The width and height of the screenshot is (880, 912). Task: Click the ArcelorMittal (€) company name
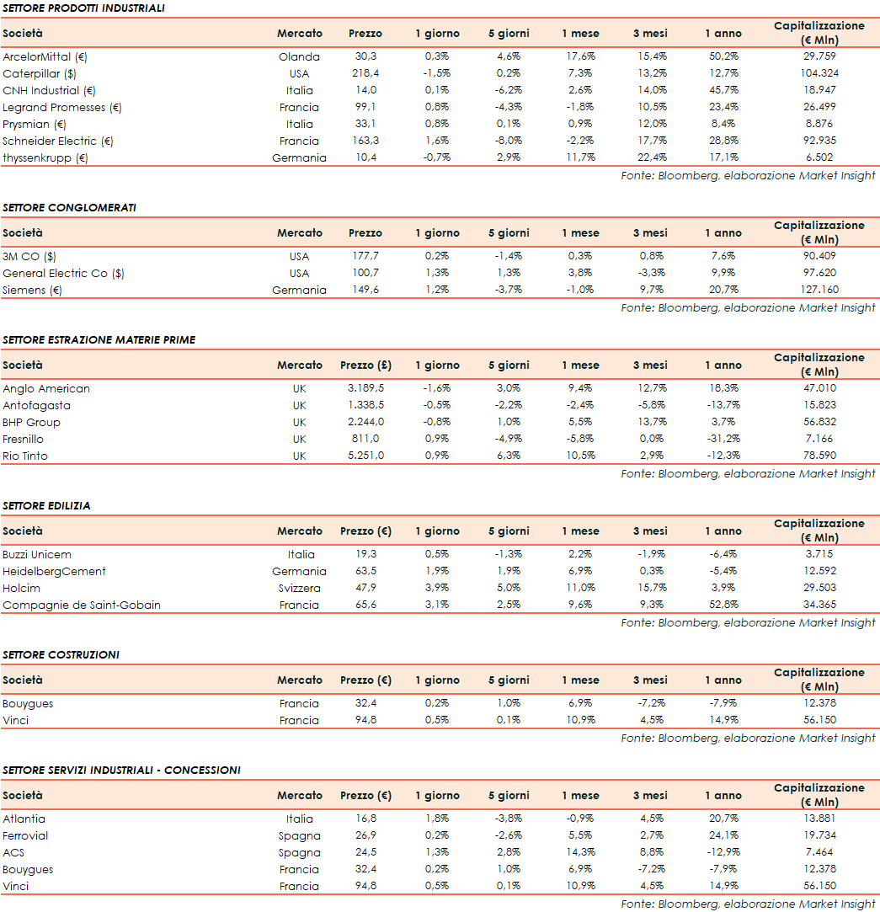[45, 57]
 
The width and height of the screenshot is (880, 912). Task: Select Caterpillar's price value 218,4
[365, 74]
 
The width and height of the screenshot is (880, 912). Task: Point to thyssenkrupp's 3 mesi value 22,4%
[650, 158]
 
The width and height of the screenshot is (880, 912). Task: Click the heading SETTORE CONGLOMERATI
[69, 208]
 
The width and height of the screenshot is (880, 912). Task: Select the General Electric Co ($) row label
[63, 274]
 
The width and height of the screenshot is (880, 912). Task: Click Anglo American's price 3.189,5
[365, 389]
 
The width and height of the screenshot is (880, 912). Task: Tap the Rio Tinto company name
[25, 456]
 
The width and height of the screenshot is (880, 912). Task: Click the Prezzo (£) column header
[365, 365]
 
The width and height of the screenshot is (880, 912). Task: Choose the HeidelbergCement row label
[54, 572]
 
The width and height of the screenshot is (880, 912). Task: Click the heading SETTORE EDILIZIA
[46, 506]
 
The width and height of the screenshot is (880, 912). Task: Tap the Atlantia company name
[24, 819]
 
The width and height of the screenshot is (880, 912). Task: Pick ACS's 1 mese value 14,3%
[580, 853]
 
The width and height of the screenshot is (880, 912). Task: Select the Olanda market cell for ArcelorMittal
[299, 57]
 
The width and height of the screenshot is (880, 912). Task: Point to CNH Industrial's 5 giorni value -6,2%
[509, 91]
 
